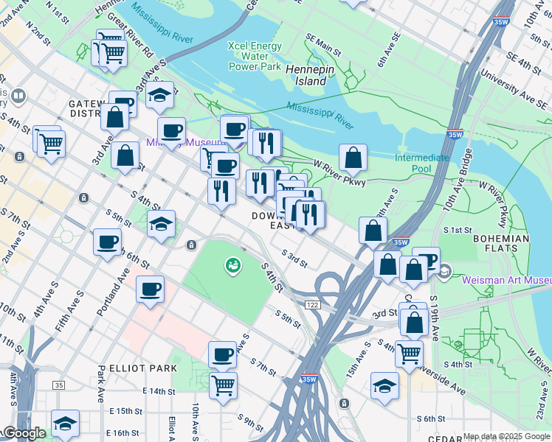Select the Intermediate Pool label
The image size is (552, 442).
click(x=422, y=164)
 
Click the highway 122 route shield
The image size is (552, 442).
click(x=311, y=305)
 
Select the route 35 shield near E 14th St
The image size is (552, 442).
click(x=59, y=385)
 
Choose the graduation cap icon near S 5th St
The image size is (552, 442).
click(x=161, y=224)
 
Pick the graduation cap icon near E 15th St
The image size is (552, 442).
click(x=65, y=424)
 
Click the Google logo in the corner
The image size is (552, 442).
click(x=24, y=433)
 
